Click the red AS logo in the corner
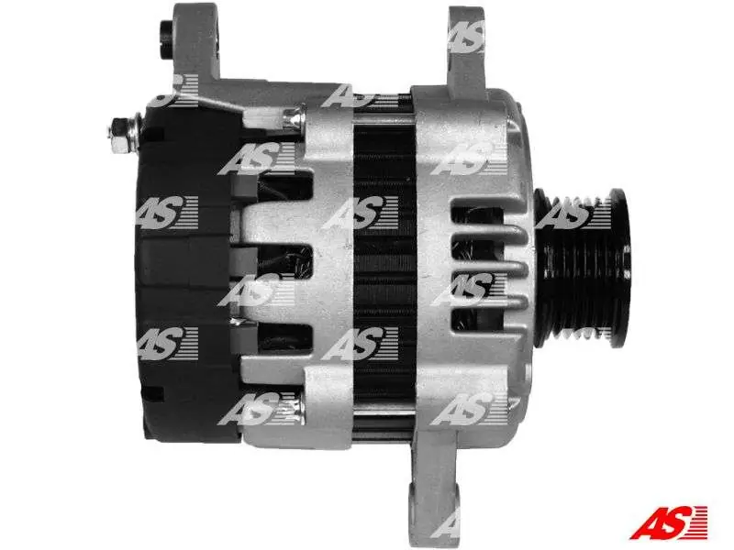668,522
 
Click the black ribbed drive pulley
583,268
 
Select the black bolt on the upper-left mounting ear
166,40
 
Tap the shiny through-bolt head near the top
293,119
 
